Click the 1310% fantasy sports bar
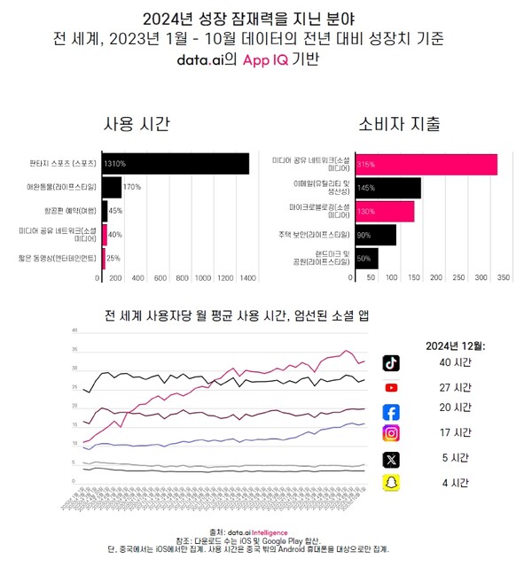pyautogui.click(x=175, y=164)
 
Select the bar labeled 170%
pyautogui.click(x=111, y=187)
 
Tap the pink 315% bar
pyautogui.click(x=425, y=164)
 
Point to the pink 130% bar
pyautogui.click(x=383, y=211)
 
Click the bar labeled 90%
pyautogui.click(x=374, y=235)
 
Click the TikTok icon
pyautogui.click(x=390, y=363)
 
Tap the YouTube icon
pyautogui.click(x=390, y=387)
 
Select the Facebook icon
pyautogui.click(x=390, y=411)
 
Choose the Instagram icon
pyautogui.click(x=390, y=434)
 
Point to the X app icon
pyautogui.click(x=390, y=459)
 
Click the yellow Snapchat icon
pyautogui.click(x=390, y=483)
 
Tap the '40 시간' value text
pyautogui.click(x=455, y=363)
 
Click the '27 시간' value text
pyautogui.click(x=455, y=387)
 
